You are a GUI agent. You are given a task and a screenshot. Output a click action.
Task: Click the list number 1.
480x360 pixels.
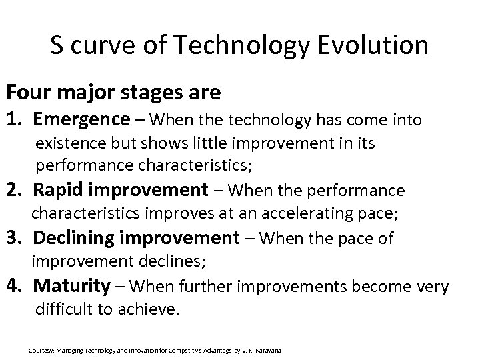pyautogui.click(x=12, y=120)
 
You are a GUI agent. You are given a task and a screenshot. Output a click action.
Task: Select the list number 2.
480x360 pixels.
pyautogui.click(x=12, y=191)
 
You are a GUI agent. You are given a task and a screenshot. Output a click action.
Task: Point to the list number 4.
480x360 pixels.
pyautogui.click(x=12, y=286)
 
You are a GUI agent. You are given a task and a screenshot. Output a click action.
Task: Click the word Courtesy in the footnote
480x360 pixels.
pyautogui.click(x=40, y=349)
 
